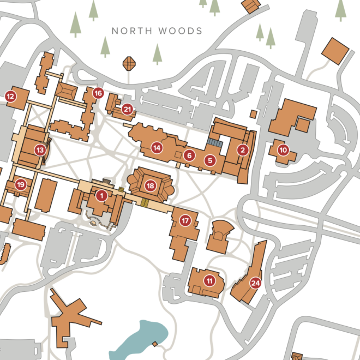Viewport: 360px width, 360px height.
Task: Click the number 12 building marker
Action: (x=10, y=97)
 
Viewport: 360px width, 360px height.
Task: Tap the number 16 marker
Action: (x=98, y=93)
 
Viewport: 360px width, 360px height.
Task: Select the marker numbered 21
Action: (x=128, y=109)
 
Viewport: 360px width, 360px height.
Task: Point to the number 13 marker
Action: (x=40, y=149)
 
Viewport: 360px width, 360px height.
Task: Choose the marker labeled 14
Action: (x=158, y=147)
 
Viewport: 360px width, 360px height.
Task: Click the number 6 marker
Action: (x=189, y=155)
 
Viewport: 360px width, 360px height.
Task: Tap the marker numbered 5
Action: (x=210, y=160)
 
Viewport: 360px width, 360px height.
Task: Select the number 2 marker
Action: (x=243, y=149)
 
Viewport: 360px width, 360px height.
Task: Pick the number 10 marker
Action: (x=283, y=149)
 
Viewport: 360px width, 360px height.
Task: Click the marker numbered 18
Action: (x=151, y=185)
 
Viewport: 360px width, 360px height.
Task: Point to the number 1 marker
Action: (x=101, y=195)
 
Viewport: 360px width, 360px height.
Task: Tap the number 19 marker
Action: (x=21, y=184)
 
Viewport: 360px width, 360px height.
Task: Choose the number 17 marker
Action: (x=185, y=220)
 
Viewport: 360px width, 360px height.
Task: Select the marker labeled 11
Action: (x=209, y=280)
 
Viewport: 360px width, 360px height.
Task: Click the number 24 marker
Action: (x=255, y=283)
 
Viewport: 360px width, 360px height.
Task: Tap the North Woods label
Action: (x=157, y=31)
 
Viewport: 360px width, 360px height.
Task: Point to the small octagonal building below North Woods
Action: (x=129, y=64)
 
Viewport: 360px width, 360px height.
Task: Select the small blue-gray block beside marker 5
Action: (x=214, y=143)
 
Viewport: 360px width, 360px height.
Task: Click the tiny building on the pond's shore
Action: (x=155, y=344)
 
